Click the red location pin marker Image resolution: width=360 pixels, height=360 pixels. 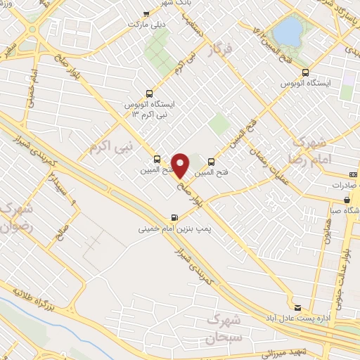coord(181,165)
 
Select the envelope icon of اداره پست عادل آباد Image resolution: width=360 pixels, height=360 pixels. coord(297,308)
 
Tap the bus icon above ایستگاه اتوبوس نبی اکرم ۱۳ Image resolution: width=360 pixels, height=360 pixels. coord(148,93)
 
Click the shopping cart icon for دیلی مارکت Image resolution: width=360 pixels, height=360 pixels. coord(146,13)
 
